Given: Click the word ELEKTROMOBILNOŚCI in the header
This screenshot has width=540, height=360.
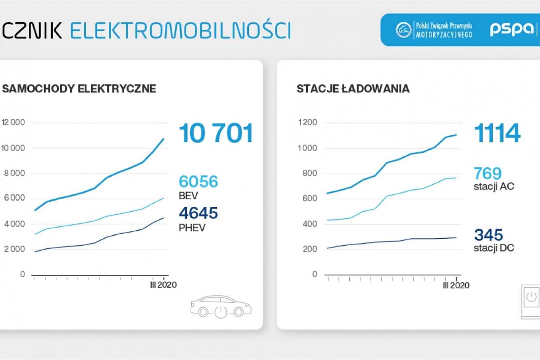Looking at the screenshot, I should (180, 30).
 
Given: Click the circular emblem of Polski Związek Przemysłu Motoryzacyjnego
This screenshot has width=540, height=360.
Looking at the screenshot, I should (403, 30).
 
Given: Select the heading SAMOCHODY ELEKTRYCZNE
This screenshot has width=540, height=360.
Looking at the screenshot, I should (79, 88).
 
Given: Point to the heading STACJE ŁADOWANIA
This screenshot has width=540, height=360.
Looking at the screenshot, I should (353, 88).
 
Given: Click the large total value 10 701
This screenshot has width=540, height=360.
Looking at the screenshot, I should (216, 133).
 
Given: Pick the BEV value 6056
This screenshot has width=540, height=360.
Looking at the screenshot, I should (198, 181).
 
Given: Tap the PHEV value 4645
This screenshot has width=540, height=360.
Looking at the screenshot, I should (198, 213).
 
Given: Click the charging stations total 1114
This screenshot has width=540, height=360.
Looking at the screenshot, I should (497, 133).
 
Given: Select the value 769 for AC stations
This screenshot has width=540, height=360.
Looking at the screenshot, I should (488, 174).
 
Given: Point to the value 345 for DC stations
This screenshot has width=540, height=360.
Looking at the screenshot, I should (488, 235).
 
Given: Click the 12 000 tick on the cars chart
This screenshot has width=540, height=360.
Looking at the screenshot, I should (13, 122).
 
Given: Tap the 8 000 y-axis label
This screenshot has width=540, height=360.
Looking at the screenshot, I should (15, 173).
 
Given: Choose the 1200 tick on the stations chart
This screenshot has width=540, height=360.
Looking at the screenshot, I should (307, 122).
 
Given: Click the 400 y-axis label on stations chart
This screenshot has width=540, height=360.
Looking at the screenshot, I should (310, 224).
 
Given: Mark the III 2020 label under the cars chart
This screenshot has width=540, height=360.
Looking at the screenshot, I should (163, 285).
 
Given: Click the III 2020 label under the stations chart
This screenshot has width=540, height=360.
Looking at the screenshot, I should (456, 286).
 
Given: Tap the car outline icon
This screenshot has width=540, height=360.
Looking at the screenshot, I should (221, 307).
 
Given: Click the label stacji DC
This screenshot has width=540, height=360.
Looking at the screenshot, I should (494, 248).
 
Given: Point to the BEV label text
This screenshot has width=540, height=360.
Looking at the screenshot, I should (188, 196).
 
